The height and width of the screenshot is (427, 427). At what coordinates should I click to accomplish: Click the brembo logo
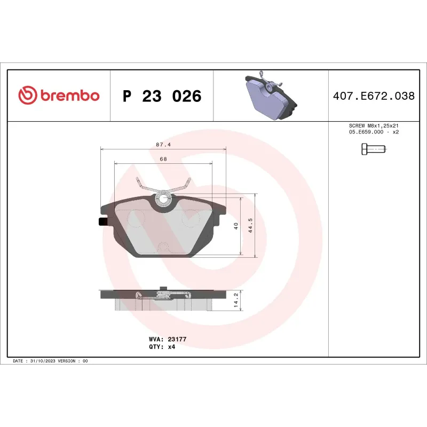(x=59, y=96)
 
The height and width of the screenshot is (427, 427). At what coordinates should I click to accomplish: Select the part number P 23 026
(x=162, y=97)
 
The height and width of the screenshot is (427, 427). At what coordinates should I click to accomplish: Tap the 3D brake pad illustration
(x=270, y=96)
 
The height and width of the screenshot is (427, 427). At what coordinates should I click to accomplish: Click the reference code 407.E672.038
(x=373, y=97)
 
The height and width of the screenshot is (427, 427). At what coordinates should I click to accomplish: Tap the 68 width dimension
(x=163, y=159)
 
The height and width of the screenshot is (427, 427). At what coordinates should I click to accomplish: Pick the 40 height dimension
(x=235, y=226)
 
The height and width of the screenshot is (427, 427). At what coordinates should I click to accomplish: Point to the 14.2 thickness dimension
(x=235, y=301)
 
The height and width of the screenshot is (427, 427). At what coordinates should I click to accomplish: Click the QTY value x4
(x=171, y=346)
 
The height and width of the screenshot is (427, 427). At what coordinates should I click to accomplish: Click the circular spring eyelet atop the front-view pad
(x=163, y=200)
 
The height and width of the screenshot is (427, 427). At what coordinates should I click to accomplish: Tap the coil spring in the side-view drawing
(x=163, y=295)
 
